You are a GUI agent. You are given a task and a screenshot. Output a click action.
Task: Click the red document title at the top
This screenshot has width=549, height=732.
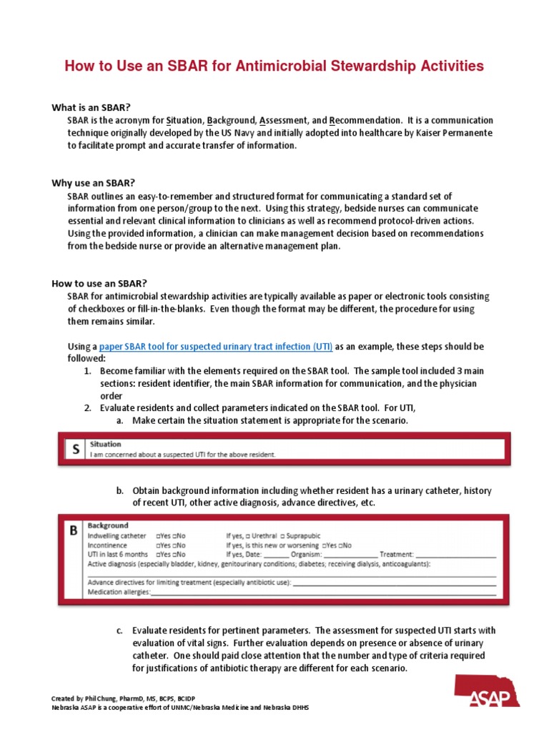(274, 66)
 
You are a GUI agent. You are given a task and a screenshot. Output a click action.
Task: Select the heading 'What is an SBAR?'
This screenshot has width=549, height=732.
(91, 107)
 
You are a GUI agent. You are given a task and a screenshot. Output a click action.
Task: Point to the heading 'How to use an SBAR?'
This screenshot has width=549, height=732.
(98, 282)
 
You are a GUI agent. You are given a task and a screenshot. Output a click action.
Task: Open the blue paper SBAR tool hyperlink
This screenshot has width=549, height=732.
(216, 346)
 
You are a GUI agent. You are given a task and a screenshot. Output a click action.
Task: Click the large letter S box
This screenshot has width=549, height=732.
(74, 449)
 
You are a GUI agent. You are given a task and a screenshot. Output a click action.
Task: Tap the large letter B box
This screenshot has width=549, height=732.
(73, 532)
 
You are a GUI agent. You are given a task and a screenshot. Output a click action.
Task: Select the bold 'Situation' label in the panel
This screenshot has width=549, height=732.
(105, 444)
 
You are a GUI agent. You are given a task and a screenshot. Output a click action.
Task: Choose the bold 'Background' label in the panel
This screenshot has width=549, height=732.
(108, 525)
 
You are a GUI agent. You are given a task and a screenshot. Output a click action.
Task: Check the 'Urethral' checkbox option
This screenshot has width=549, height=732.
(259, 535)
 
